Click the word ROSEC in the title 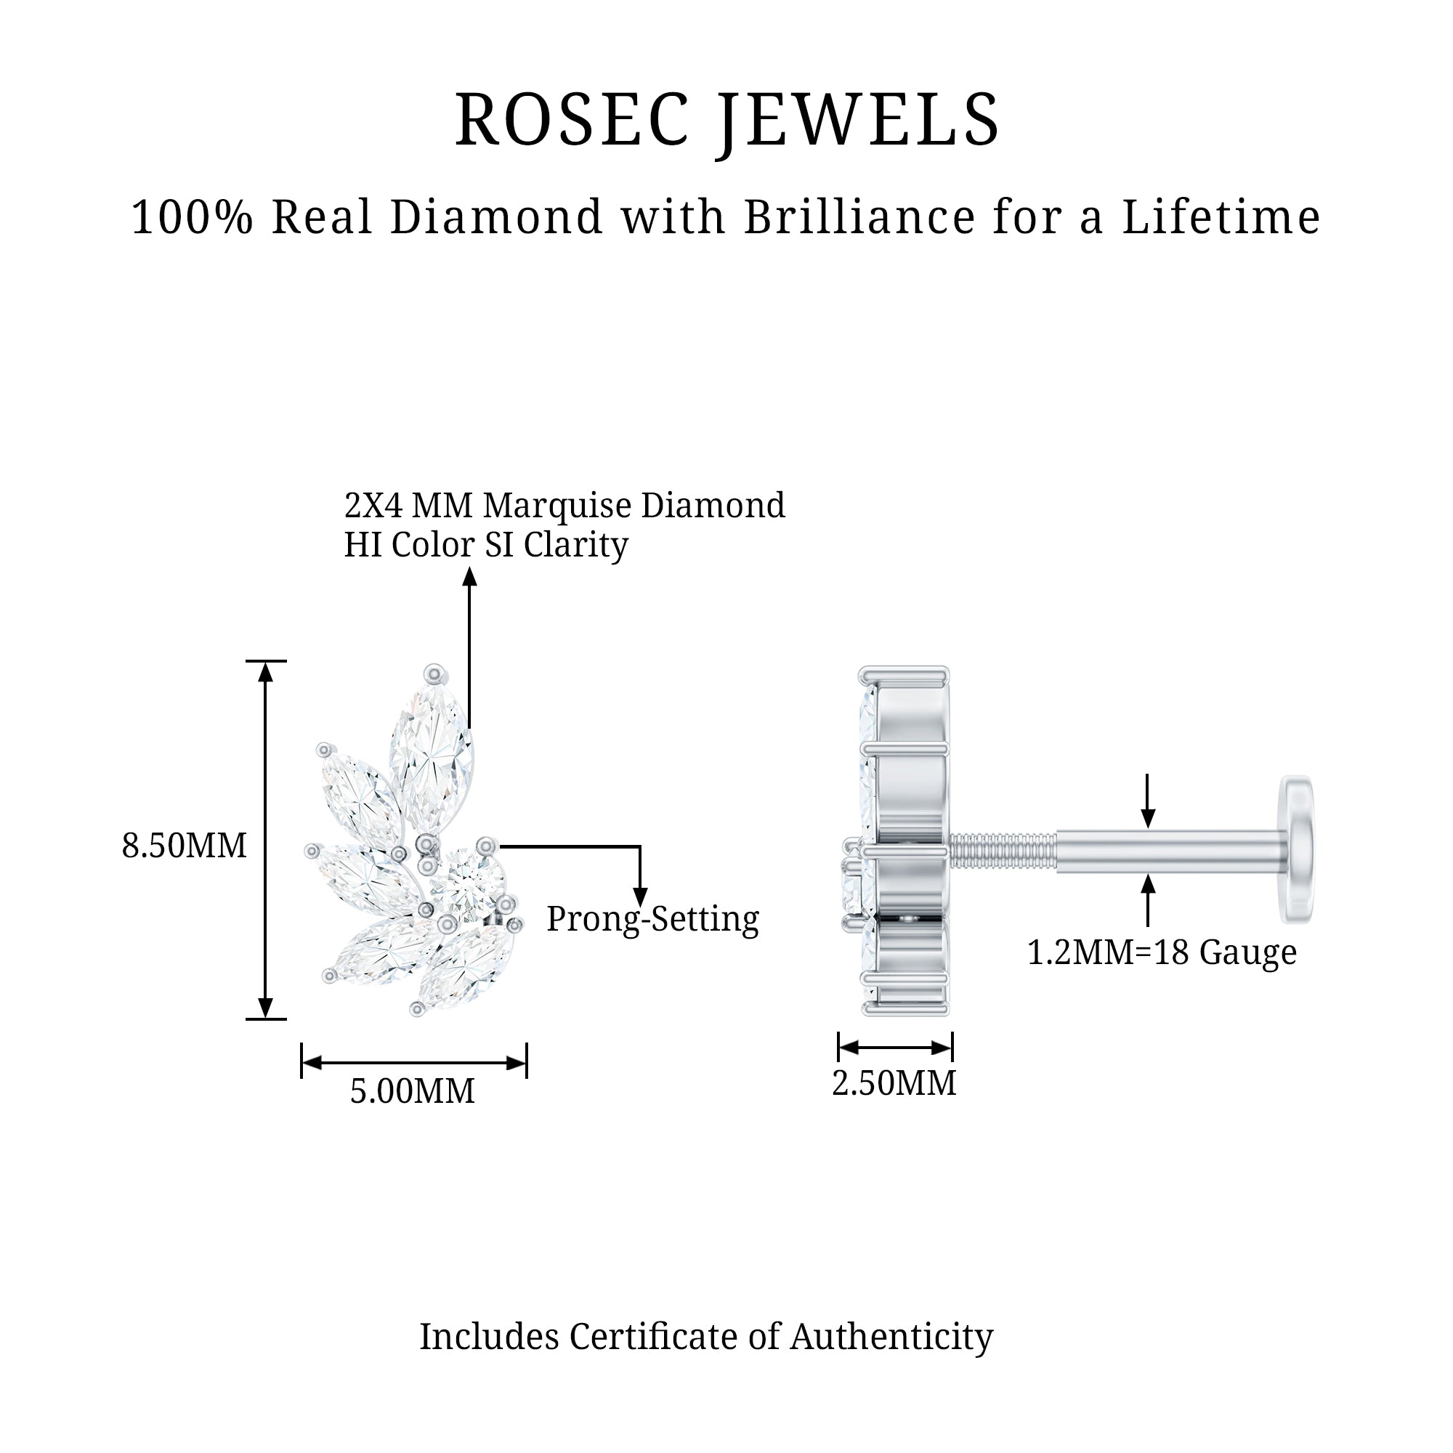(x=572, y=121)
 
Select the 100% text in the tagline (x=193, y=217)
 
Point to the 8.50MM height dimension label (x=185, y=846)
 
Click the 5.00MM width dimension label (x=412, y=1091)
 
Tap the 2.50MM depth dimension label (x=894, y=1084)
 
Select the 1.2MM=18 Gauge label (x=1162, y=953)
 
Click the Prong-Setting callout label (x=653, y=919)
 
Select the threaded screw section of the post (x=1003, y=851)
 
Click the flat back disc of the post (x=1299, y=849)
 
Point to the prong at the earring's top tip (x=434, y=673)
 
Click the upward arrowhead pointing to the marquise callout (x=470, y=578)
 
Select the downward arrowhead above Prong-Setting (x=640, y=897)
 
